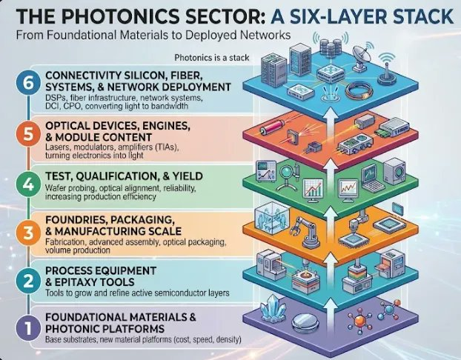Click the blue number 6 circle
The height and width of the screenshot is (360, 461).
pos(28,84)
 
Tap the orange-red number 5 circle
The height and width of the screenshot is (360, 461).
pos(28,134)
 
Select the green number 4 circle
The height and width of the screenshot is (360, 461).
pos(28,185)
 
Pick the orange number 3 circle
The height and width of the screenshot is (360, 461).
pos(28,233)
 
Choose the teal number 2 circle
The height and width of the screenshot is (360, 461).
pos(28,281)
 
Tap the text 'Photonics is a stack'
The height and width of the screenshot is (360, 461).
pos(212,58)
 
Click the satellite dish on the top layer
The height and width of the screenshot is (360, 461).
pos(361,57)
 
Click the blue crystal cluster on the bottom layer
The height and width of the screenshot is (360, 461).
pos(273,310)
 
